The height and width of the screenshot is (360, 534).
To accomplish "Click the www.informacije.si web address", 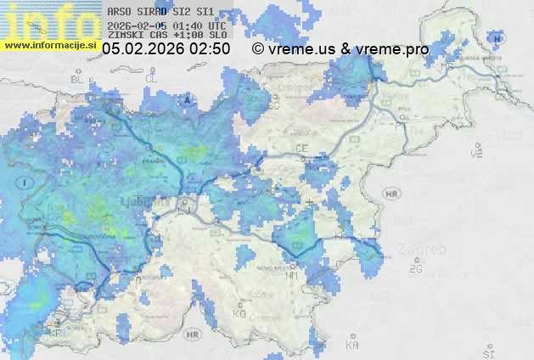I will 51,45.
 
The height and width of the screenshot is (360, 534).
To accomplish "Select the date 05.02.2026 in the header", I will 143,50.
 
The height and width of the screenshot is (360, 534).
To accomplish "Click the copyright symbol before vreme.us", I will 257,50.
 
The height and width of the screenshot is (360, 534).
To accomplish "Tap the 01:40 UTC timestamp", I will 182,25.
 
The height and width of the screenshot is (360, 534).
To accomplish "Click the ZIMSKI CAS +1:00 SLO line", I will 166,35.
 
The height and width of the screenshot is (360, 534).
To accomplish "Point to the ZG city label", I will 415,269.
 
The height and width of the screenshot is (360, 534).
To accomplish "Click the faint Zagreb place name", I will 426,250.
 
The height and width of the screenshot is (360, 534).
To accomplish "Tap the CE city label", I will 301,149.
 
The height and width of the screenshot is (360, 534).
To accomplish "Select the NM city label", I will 293,275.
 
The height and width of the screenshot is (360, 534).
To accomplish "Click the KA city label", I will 352,345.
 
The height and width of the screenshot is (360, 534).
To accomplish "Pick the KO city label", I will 239,313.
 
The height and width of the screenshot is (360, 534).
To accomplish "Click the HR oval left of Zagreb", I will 391,194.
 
